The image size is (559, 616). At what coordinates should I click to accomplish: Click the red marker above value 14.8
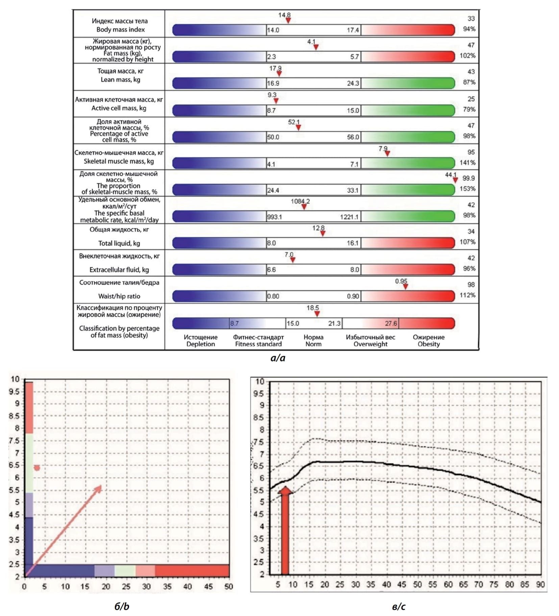[288, 21]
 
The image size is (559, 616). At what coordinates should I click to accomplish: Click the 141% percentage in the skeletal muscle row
[467, 163]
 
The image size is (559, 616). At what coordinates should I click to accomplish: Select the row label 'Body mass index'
[120, 30]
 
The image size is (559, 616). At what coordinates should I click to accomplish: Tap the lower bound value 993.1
[274, 217]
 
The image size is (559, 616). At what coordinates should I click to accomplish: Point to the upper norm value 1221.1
[349, 217]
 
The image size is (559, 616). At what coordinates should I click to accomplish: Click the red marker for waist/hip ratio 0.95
[405, 287]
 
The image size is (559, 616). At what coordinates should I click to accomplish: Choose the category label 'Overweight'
[370, 344]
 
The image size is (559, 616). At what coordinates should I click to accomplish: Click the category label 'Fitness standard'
[258, 344]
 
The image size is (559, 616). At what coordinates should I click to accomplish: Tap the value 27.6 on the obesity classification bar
[391, 323]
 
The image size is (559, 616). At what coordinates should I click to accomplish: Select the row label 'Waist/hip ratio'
[119, 296]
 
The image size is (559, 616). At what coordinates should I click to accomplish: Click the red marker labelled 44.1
[455, 180]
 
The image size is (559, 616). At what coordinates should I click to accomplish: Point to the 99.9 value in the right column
[468, 178]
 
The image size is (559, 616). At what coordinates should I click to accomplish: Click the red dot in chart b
[37, 468]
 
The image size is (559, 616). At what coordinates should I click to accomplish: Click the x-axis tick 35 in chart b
[167, 586]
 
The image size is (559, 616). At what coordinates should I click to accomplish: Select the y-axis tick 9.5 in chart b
[14, 391]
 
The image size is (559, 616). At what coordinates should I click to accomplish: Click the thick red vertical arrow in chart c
[285, 531]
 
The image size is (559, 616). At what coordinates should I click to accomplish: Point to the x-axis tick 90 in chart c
[540, 585]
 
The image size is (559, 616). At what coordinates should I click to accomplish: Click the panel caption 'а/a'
[278, 358]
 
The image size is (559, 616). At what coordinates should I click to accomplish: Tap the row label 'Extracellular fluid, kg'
[119, 270]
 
